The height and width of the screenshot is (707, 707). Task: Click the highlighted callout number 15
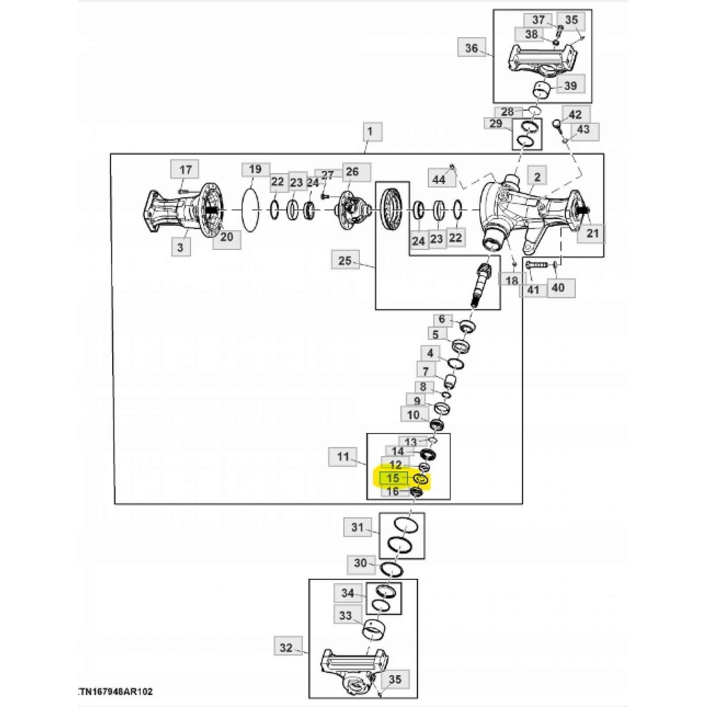(393, 478)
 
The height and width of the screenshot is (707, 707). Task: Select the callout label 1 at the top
(369, 131)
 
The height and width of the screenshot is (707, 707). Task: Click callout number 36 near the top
(471, 48)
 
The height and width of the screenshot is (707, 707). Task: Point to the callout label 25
(345, 260)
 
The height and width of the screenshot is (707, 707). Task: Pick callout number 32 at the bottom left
(286, 647)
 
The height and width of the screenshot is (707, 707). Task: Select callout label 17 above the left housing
(186, 170)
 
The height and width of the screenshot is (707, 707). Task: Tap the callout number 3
(180, 247)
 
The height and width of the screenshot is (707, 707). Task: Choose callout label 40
(559, 288)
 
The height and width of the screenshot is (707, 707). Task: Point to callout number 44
(439, 179)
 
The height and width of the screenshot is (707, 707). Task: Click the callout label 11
(343, 456)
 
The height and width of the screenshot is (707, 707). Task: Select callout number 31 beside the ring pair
(357, 528)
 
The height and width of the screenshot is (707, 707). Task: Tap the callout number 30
(361, 563)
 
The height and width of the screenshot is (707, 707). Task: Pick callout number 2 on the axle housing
(537, 177)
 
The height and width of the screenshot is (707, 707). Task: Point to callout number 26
(352, 171)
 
